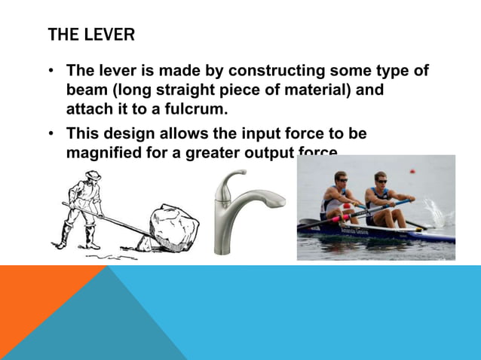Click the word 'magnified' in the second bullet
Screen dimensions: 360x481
[x=104, y=153]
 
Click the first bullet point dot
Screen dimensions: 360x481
[x=51, y=72]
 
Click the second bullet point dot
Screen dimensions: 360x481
[x=51, y=134]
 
